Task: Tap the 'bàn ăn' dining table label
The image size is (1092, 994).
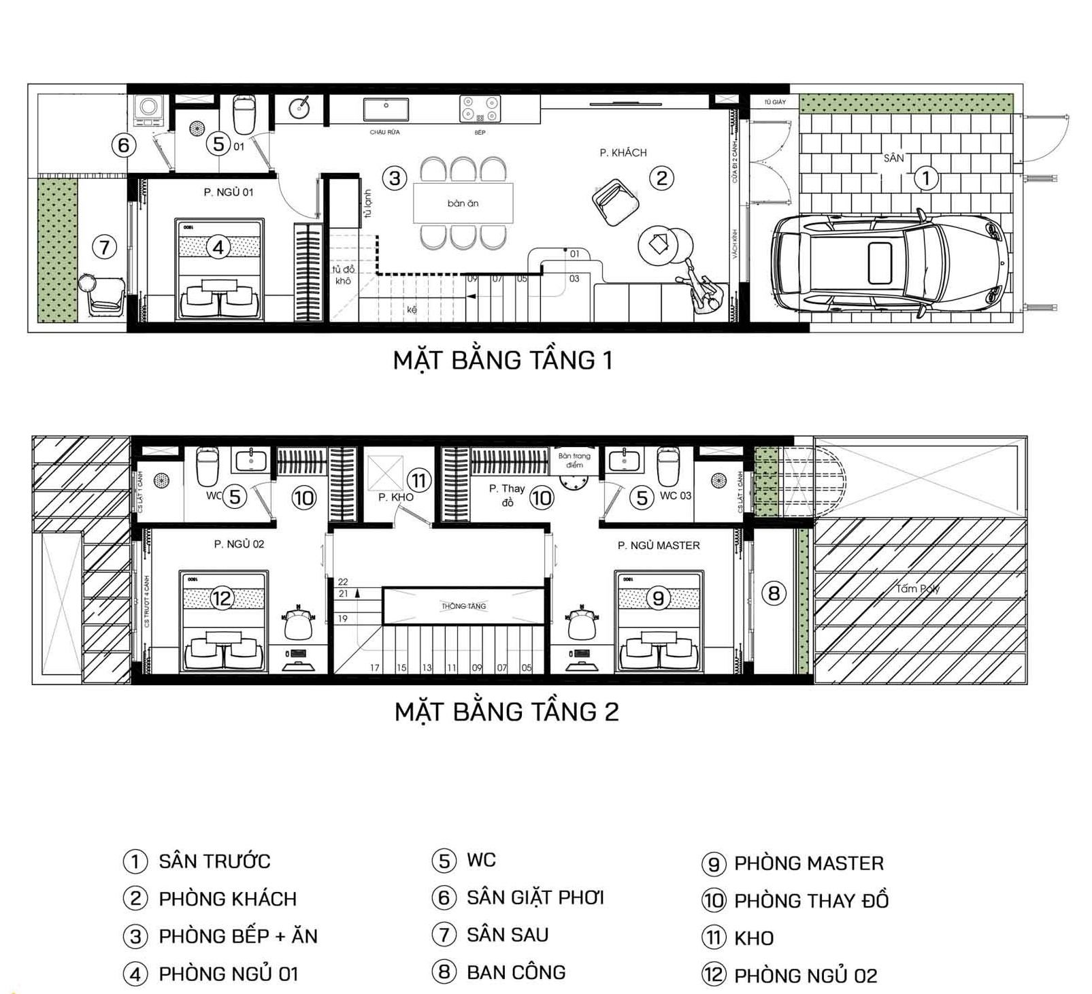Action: (463, 203)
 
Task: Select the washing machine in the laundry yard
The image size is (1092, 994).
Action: (148, 110)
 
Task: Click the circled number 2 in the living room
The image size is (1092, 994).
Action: (661, 178)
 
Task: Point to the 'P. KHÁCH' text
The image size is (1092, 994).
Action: (623, 153)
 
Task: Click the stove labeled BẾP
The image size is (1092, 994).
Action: (480, 109)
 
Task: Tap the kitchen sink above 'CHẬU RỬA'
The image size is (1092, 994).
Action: (385, 109)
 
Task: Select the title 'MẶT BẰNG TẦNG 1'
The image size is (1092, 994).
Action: (503, 360)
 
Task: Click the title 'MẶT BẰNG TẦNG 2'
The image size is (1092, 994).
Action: (506, 712)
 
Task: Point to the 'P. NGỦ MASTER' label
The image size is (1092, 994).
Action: (658, 546)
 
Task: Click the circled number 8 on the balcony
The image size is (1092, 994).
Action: (774, 593)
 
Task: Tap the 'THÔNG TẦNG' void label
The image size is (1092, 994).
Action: (463, 606)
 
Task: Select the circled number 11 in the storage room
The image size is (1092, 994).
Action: (418, 481)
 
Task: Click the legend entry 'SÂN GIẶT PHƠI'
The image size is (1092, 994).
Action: (535, 898)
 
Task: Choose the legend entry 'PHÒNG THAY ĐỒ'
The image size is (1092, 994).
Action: (811, 901)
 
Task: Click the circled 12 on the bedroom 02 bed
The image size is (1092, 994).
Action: (222, 598)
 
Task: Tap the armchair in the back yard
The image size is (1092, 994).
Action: (103, 295)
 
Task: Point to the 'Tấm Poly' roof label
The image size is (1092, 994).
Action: (917, 589)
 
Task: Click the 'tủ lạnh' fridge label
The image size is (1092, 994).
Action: (367, 203)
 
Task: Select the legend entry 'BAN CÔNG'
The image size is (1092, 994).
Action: (516, 972)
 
